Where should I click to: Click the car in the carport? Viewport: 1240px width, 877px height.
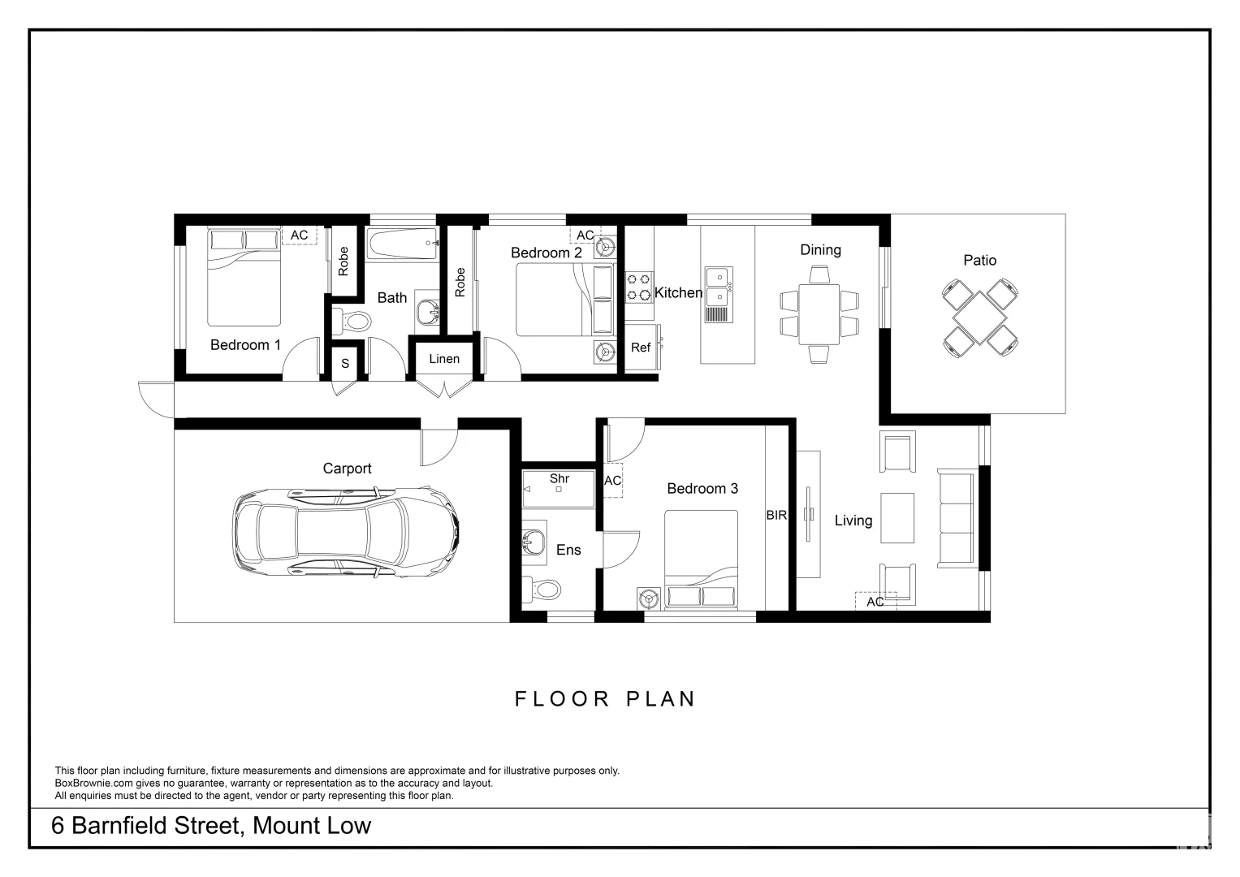[345, 532]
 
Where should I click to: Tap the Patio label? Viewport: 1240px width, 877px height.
[979, 260]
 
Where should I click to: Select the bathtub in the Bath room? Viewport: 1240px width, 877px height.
[403, 244]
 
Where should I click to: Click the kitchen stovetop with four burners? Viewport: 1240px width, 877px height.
[639, 287]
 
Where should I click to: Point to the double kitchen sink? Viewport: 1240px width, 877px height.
[719, 295]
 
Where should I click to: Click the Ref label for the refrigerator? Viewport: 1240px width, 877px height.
[641, 348]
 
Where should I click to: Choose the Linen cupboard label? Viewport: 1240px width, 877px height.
[444, 359]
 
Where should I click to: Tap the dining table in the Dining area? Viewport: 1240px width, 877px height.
[819, 314]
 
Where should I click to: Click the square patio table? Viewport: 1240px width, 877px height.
[980, 318]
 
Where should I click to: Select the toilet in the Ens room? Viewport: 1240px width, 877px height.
[542, 589]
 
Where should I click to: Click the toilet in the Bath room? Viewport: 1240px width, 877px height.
[352, 321]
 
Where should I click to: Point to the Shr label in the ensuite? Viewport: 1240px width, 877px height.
[560, 478]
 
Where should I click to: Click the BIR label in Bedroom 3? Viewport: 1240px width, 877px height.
[776, 515]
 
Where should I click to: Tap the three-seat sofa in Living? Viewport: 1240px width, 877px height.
[956, 518]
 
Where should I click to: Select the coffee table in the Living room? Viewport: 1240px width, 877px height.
[897, 518]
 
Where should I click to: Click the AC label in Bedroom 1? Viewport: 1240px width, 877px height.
[299, 235]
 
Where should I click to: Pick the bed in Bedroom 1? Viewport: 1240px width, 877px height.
[244, 277]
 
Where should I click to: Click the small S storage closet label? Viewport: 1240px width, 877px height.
[345, 364]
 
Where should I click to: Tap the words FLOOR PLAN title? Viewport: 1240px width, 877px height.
[604, 698]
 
